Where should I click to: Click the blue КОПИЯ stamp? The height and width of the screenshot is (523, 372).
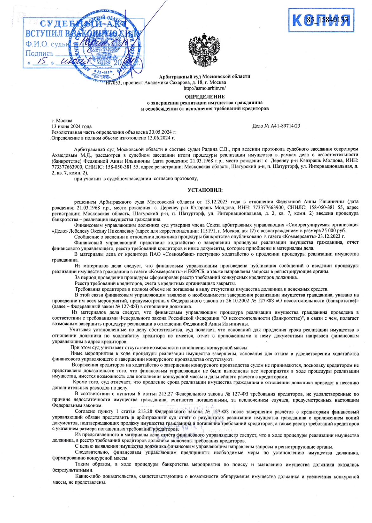point(321,20)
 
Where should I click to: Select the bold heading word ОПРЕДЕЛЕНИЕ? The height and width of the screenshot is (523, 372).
point(205,97)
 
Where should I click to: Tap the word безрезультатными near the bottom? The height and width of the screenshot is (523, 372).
point(68,470)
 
